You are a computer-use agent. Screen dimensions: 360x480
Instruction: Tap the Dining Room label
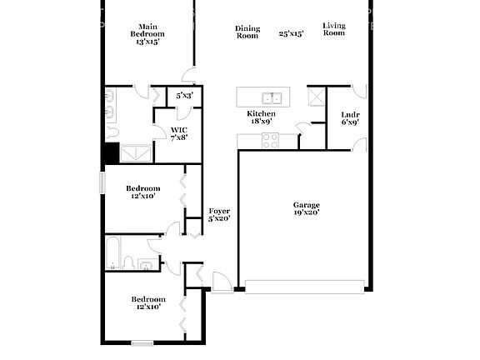[247, 32]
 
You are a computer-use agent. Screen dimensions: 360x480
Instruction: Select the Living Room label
[334, 29]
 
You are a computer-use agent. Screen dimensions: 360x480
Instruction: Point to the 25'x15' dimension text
[291, 33]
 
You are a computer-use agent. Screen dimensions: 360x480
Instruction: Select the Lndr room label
[349, 117]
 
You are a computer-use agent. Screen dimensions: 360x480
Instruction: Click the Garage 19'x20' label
[306, 208]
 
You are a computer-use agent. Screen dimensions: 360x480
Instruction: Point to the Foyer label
[219, 214]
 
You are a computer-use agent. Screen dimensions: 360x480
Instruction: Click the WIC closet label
[179, 133]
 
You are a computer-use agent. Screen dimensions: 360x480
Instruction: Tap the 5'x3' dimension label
[184, 96]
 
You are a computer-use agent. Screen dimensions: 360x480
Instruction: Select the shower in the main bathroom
[137, 152]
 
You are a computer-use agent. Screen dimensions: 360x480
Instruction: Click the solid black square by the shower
[110, 154]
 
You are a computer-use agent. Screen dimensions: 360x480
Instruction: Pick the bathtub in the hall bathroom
[114, 252]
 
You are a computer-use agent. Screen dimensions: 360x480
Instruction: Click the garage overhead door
[304, 287]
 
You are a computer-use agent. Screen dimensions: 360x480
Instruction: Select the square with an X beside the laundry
[316, 96]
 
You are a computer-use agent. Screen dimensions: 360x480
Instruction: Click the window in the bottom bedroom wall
[142, 342]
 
